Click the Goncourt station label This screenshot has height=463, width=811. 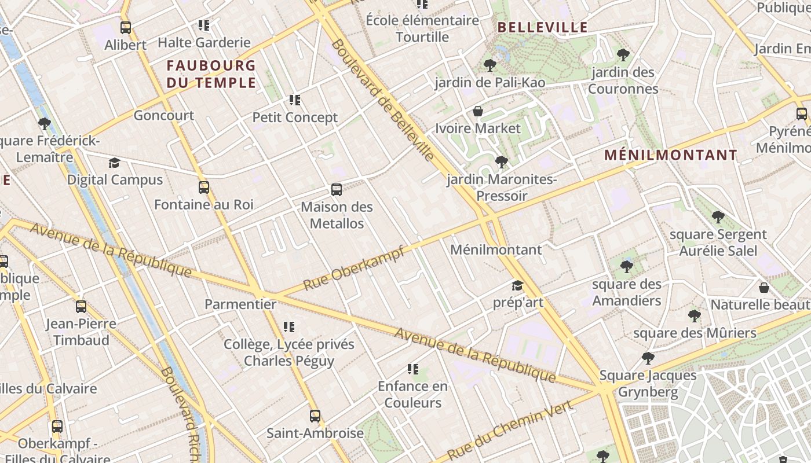[x=164, y=115]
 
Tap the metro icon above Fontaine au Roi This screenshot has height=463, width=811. [x=204, y=188]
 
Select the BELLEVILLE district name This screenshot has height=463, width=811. [x=543, y=27]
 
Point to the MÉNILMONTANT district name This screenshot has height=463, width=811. [x=671, y=155]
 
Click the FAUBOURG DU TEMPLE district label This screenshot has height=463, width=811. [x=211, y=74]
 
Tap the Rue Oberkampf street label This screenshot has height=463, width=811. [x=353, y=268]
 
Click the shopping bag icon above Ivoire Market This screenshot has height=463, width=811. [x=478, y=111]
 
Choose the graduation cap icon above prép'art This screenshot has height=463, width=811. [x=517, y=286]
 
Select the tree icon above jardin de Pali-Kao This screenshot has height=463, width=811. [x=490, y=65]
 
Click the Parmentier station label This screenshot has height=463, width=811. [x=240, y=304]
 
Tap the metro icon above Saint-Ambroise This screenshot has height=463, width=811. [x=315, y=416]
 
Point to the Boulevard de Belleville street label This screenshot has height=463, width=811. [x=382, y=100]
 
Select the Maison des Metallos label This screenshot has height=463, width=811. [x=337, y=215]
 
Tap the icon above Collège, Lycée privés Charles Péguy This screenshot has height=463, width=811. [x=289, y=328]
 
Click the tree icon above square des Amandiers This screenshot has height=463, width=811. [x=626, y=267]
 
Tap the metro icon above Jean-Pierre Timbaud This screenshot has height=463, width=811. [x=81, y=307]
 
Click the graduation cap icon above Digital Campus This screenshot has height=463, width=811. [x=114, y=163]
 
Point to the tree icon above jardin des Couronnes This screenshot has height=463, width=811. [x=623, y=55]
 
